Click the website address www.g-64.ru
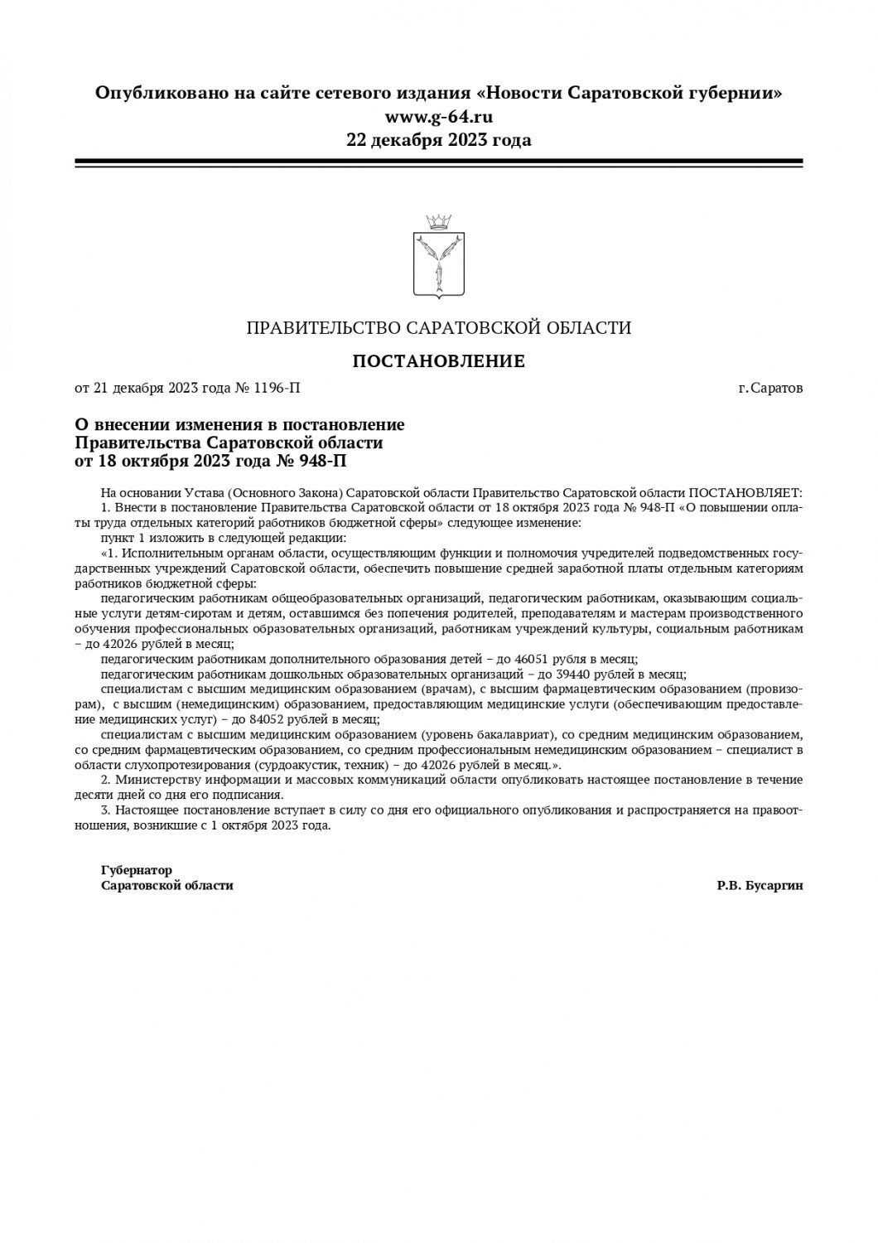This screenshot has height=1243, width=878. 438,117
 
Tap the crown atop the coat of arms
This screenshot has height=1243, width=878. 438,221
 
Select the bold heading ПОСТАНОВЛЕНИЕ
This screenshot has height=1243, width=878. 438,361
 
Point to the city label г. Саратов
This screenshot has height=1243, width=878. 770,388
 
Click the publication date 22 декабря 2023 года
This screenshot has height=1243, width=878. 438,140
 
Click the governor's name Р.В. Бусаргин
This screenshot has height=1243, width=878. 760,886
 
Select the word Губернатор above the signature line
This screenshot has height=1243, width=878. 137,871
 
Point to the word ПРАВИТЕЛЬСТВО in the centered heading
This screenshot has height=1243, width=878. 319,328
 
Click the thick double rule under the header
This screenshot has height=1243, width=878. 438,163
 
